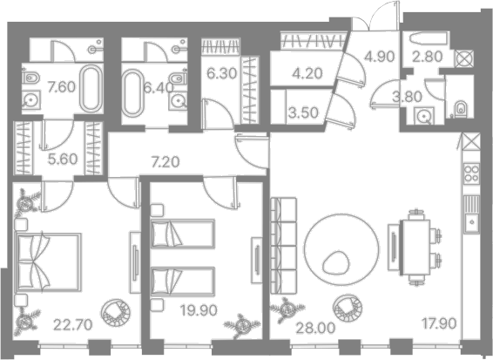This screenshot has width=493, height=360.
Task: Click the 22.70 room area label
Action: [x=72, y=324]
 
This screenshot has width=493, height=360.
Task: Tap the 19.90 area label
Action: [x=199, y=310]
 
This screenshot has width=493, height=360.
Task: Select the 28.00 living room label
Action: [x=315, y=329]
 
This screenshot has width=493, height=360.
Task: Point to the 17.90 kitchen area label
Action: [x=439, y=323]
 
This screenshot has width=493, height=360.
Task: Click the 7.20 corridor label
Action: [x=165, y=162]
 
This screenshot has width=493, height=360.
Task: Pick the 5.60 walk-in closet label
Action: [x=63, y=159]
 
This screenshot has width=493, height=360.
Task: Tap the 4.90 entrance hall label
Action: [x=380, y=57]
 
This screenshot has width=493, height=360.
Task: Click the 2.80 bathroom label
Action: [x=428, y=57]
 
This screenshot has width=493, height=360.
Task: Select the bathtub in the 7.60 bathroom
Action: [x=91, y=89]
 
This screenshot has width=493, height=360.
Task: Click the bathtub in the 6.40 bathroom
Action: [x=132, y=92]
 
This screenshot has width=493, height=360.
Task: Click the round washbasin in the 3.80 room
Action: [x=423, y=117]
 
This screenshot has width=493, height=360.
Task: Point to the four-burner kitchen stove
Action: [x=471, y=173]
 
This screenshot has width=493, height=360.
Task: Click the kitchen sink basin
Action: [x=471, y=222]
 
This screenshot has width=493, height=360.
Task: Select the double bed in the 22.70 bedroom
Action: [x=49, y=262]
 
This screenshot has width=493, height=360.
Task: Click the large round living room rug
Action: [x=342, y=249]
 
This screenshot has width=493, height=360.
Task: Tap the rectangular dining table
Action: [x=415, y=247]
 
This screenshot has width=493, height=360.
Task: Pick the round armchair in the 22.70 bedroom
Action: [x=116, y=312]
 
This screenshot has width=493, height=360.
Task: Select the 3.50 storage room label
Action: [x=303, y=112]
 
